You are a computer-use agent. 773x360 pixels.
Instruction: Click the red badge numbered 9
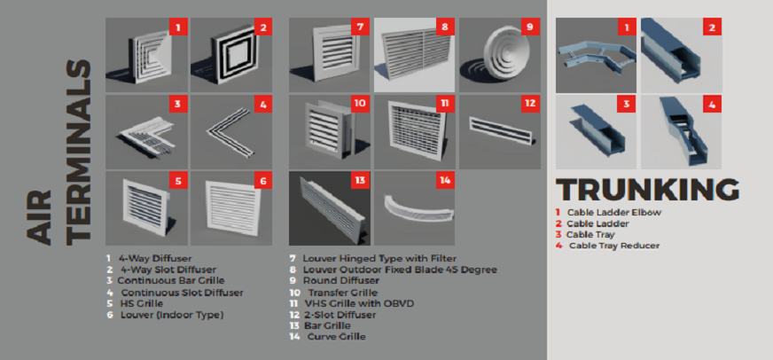tap(530, 27)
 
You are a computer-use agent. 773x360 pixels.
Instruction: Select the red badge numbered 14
tap(445, 180)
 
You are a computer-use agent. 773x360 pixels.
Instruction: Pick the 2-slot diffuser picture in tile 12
tap(500, 128)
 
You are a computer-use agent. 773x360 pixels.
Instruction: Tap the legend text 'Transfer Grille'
tap(343, 293)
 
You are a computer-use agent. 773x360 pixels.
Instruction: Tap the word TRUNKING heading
tap(647, 190)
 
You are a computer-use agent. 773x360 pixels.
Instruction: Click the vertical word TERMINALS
tap(78, 153)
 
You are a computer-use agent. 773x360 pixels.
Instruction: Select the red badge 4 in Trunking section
tap(713, 104)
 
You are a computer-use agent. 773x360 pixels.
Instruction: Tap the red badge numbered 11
tap(445, 104)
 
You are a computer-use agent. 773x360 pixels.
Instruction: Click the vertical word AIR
tap(38, 217)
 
